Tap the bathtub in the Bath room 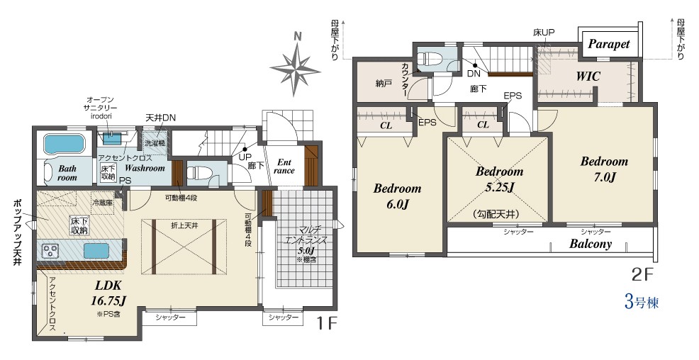[64, 145]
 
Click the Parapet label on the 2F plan [609, 44]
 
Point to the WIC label [588, 77]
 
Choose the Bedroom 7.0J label [604, 169]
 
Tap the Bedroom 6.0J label [397, 196]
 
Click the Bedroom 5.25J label [499, 179]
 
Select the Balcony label [591, 244]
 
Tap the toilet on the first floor [198, 173]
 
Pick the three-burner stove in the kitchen [51, 251]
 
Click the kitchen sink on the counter [96, 251]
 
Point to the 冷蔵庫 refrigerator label [103, 202]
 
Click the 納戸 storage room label [384, 84]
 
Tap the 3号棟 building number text [642, 303]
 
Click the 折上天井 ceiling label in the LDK [184, 225]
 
